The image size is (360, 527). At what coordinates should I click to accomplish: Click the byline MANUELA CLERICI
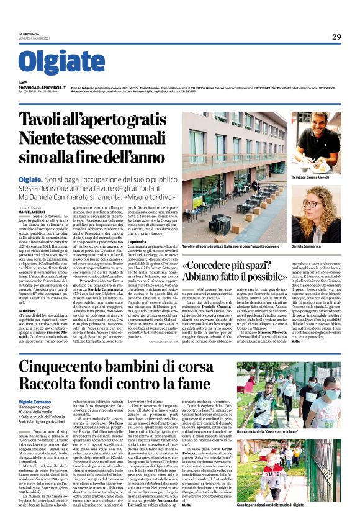[32, 211]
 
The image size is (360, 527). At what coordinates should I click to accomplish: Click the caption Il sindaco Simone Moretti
[314, 178]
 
